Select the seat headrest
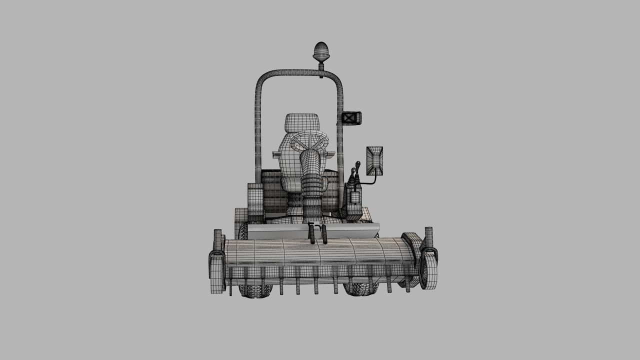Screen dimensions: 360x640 302,123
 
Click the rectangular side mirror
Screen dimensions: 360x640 374,160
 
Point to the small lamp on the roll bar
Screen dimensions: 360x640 351,118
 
